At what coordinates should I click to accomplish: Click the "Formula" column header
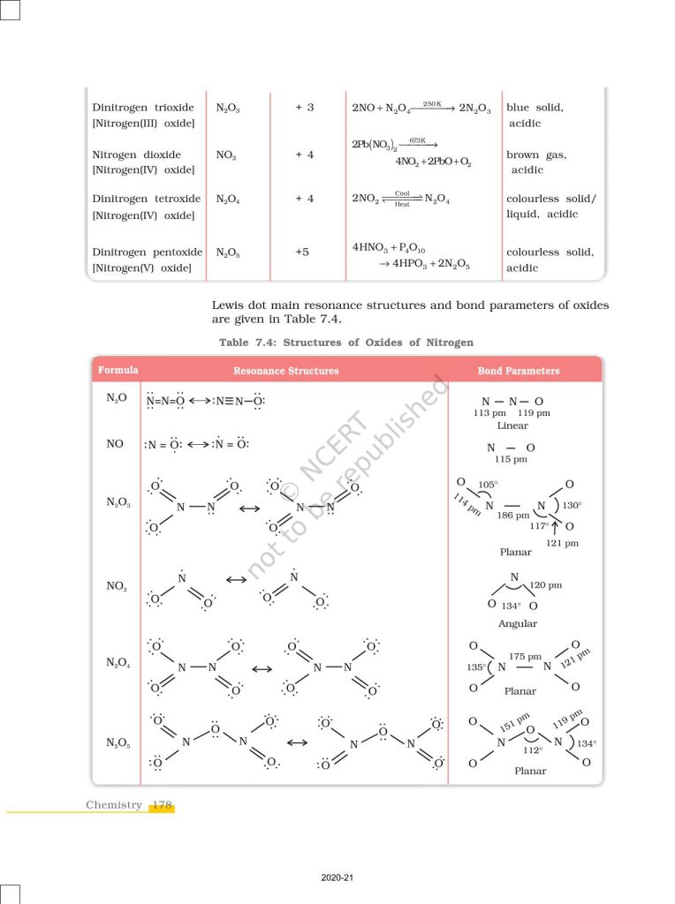click(118, 370)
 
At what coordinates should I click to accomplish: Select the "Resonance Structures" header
click(285, 371)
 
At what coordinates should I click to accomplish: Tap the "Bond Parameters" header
click(519, 371)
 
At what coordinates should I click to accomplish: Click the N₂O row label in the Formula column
click(117, 399)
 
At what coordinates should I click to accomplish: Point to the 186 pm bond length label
click(512, 515)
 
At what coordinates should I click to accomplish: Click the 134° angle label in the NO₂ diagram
click(510, 606)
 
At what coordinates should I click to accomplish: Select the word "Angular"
click(518, 623)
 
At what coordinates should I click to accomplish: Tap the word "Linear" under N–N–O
click(512, 426)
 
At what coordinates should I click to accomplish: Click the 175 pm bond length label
click(525, 656)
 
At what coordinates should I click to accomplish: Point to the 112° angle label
click(532, 750)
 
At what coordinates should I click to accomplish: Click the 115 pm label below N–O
click(511, 459)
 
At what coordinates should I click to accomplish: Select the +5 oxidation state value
click(303, 252)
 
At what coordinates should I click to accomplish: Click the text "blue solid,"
click(535, 108)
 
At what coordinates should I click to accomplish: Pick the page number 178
click(161, 805)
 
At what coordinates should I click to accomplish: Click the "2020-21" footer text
click(337, 878)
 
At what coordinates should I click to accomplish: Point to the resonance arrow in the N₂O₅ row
click(298, 742)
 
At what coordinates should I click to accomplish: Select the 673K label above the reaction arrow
click(417, 140)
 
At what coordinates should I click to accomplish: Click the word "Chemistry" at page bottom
click(114, 805)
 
